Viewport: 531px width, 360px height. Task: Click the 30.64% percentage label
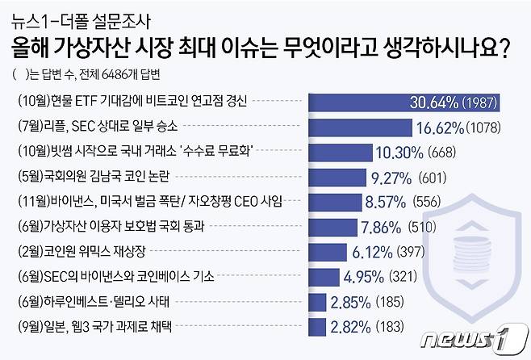tap(437, 103)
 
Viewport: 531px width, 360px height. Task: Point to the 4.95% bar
tap(333, 277)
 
